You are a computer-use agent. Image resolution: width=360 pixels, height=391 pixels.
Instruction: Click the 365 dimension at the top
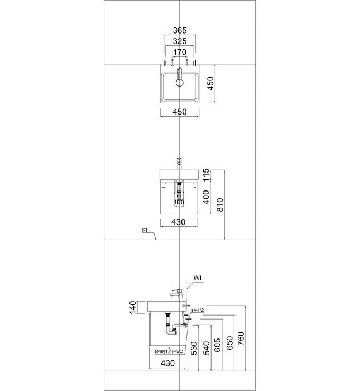point(180,30)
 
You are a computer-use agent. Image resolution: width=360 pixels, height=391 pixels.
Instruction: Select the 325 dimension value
point(180,41)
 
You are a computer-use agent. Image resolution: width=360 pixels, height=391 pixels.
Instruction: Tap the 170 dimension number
point(180,52)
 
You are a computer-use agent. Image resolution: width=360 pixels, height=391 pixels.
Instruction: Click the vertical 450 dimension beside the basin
point(210,84)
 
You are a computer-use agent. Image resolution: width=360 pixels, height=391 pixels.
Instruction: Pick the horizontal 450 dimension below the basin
point(179,112)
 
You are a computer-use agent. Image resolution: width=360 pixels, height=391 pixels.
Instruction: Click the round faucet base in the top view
point(180,83)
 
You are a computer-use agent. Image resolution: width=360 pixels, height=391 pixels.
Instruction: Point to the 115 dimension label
point(206,175)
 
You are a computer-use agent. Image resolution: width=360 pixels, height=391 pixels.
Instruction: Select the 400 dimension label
point(206,197)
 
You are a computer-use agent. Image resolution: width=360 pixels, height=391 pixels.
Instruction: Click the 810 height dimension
point(219,205)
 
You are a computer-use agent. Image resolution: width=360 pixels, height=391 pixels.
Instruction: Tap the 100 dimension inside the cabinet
point(179,202)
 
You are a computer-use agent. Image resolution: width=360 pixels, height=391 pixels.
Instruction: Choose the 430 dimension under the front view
point(179,222)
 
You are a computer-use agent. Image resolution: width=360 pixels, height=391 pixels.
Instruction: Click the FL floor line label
point(145,231)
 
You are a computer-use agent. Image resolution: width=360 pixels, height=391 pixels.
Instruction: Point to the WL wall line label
point(198,278)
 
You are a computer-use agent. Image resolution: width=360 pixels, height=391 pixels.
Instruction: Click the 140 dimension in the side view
point(132,307)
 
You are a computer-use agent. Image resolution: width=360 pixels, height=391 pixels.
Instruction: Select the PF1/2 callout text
point(198,311)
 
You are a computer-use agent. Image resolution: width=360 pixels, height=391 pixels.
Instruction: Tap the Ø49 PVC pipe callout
point(169,351)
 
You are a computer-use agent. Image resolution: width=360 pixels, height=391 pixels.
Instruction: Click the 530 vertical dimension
point(194,348)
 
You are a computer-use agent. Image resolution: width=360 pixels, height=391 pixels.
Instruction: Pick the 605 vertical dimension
point(217,345)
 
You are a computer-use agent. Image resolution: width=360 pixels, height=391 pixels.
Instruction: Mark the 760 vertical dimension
point(241,338)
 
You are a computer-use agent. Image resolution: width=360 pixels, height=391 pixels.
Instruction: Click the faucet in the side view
point(178,293)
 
